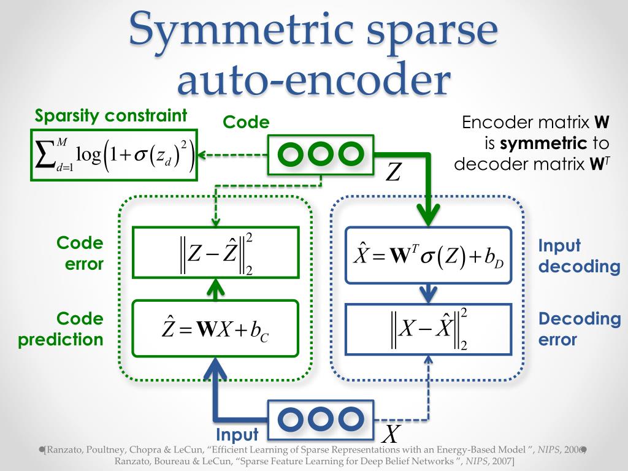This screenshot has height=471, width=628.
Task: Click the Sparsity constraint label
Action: click(x=111, y=116)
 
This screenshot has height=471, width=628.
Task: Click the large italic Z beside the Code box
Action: click(x=392, y=172)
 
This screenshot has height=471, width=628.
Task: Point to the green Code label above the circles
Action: click(x=246, y=123)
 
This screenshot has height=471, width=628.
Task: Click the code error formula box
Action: click(x=215, y=252)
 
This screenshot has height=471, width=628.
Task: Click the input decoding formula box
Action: click(x=428, y=255)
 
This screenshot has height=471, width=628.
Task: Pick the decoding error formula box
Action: click(x=428, y=329)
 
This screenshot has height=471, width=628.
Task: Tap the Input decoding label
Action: click(x=579, y=256)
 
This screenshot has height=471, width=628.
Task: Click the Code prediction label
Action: click(x=61, y=329)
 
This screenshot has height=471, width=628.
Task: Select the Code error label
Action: click(x=80, y=253)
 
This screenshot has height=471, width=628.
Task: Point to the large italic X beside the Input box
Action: click(x=390, y=434)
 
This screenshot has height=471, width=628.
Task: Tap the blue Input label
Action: click(x=237, y=435)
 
